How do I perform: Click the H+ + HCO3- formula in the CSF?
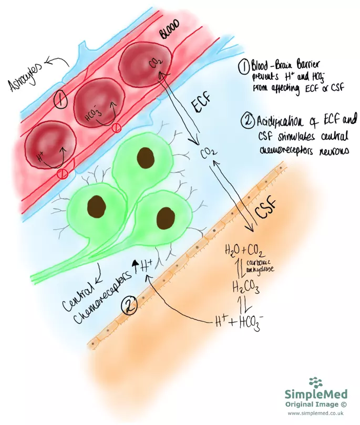236,319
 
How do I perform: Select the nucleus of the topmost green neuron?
143,156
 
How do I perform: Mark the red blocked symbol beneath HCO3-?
117,128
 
